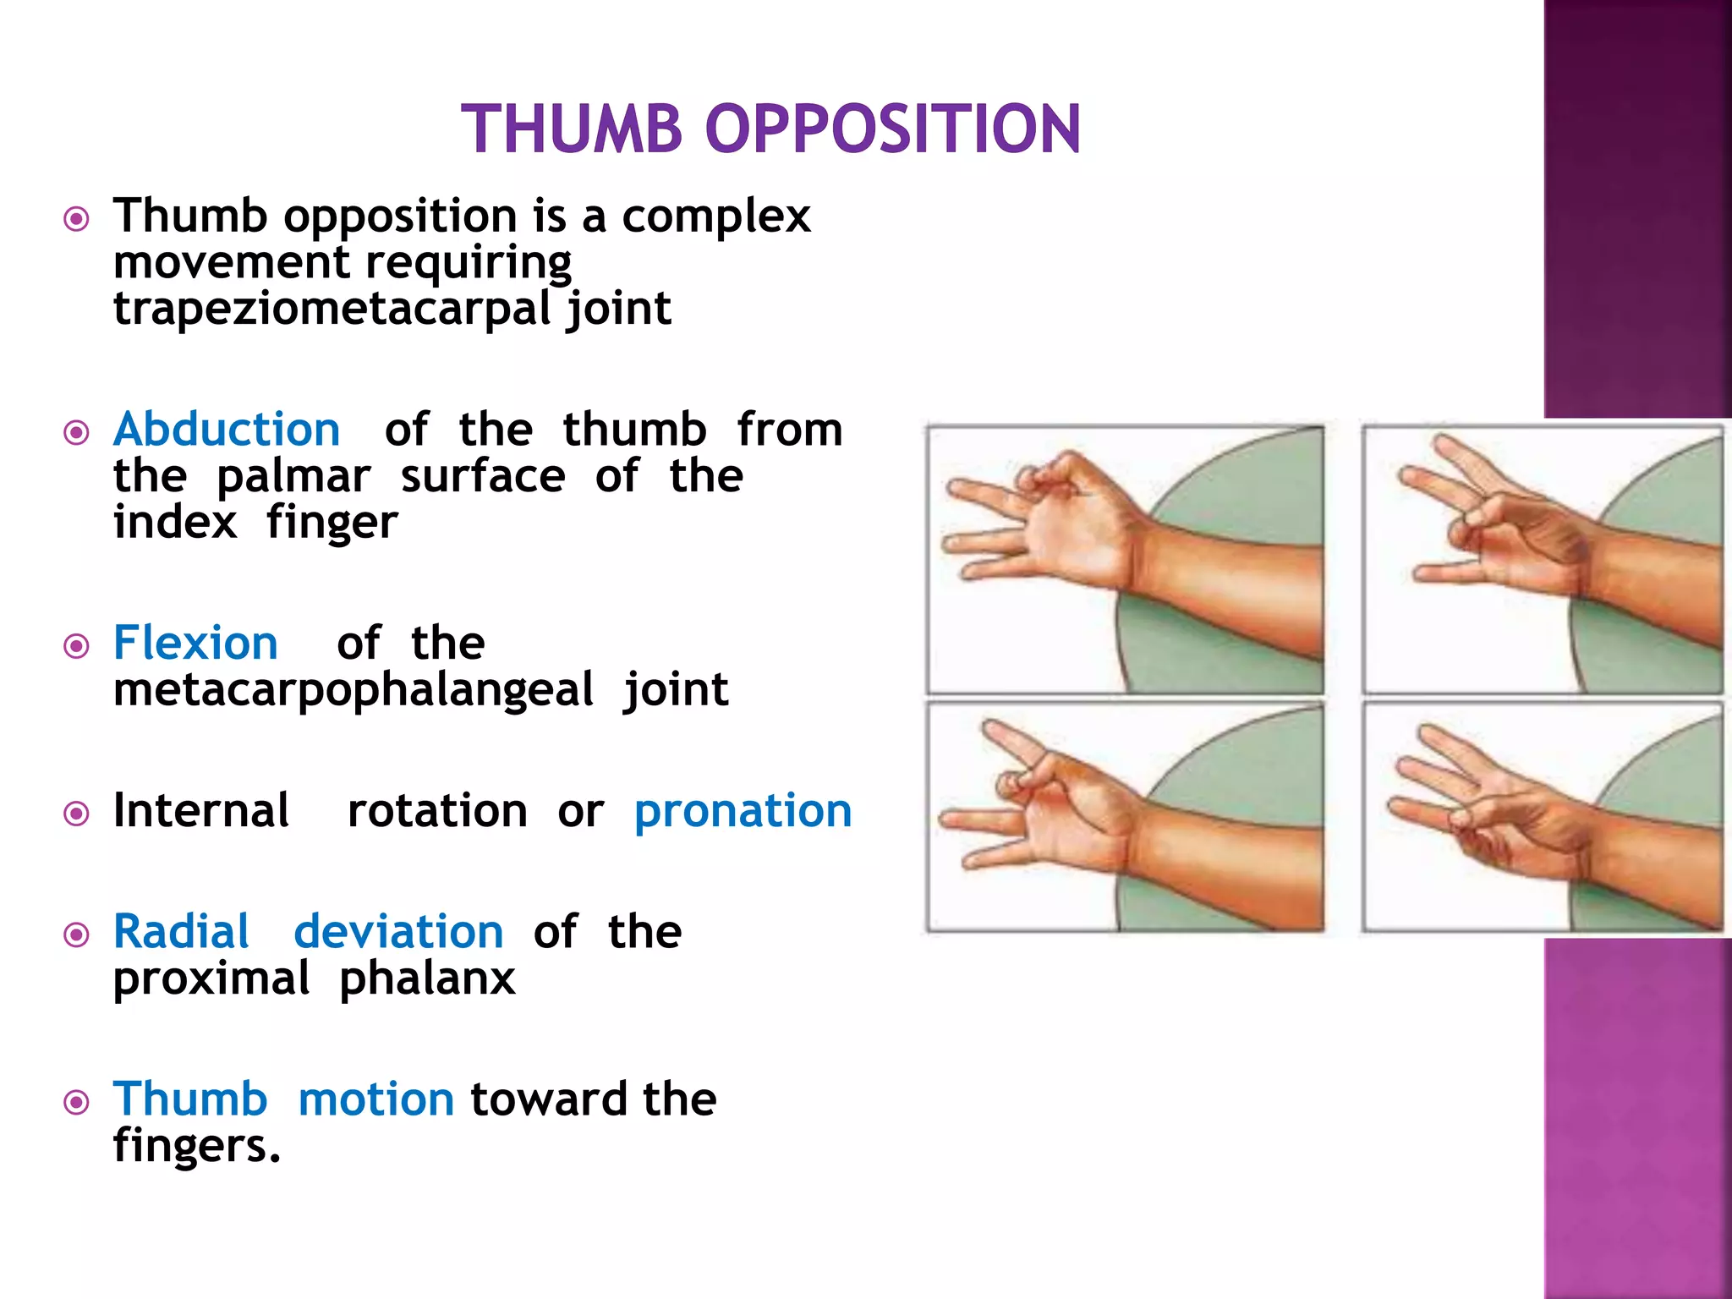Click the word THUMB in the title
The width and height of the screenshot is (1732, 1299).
click(572, 129)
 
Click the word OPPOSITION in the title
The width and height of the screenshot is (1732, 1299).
click(892, 129)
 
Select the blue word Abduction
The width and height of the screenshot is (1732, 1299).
click(227, 430)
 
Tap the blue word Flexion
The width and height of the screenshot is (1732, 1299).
click(195, 644)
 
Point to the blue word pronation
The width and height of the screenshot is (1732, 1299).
click(743, 812)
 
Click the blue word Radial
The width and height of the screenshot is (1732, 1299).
click(181, 932)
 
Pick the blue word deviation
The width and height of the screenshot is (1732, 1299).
click(398, 932)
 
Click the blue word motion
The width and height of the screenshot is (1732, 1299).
click(376, 1099)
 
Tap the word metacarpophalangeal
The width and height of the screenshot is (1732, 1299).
click(353, 690)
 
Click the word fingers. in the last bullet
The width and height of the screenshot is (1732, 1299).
click(196, 1146)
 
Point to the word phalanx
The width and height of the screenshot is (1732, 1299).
click(427, 978)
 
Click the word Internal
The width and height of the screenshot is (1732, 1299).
click(201, 810)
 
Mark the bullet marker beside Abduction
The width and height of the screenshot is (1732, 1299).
click(77, 433)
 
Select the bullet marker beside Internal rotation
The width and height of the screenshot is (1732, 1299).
click(77, 814)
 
